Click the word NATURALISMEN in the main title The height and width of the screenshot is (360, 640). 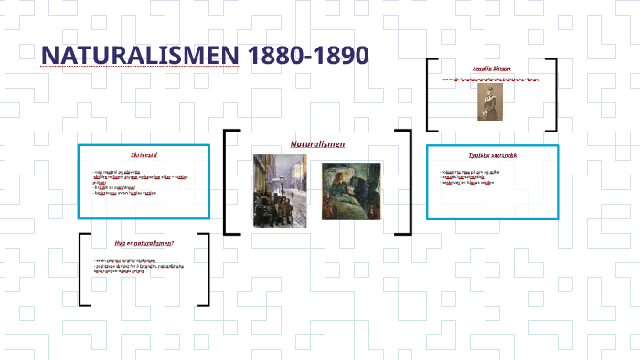pos(139,55)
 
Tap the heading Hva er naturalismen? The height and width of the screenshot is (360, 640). pos(144,244)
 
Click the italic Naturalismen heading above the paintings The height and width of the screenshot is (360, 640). pos(317,144)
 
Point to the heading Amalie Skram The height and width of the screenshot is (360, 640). pos(492,69)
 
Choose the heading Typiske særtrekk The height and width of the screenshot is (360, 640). pos(493,155)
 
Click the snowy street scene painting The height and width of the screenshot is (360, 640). pos(280,190)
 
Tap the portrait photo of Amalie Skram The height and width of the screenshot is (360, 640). pos(484,102)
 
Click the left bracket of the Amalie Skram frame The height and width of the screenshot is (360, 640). pos(431,95)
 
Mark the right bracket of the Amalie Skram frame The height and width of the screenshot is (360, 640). pos(553,95)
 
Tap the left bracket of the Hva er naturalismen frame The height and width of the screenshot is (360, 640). pos(83,270)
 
